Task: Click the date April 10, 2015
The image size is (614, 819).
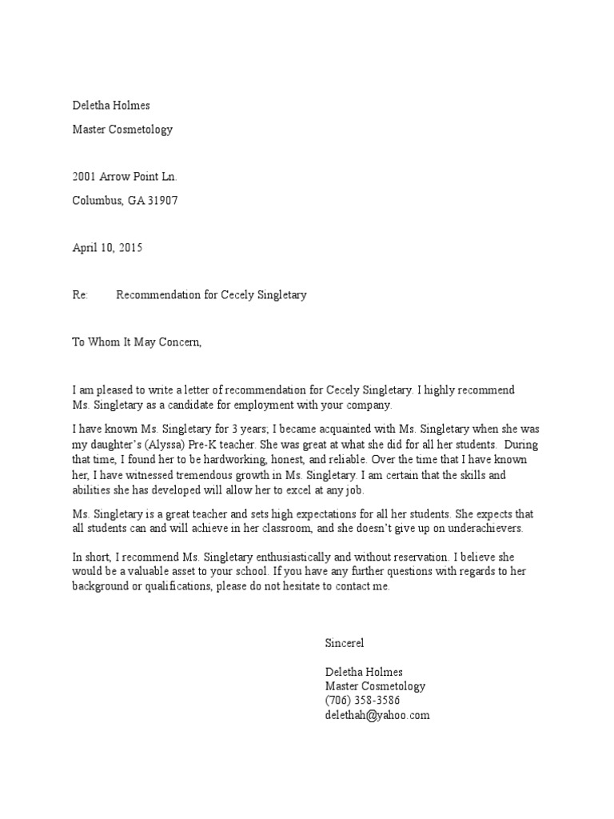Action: pyautogui.click(x=107, y=248)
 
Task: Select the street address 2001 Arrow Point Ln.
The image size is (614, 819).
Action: pyautogui.click(x=125, y=177)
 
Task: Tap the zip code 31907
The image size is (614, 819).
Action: pyautogui.click(x=162, y=201)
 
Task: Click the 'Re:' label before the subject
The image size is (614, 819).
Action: pyautogui.click(x=80, y=295)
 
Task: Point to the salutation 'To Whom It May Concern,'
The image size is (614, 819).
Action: pyautogui.click(x=138, y=342)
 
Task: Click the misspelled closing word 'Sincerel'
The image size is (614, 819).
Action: pyautogui.click(x=345, y=642)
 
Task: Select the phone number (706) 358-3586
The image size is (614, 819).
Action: pyautogui.click(x=362, y=701)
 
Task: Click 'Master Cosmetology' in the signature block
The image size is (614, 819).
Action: pyautogui.click(x=375, y=686)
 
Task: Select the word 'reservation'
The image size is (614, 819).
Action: pyautogui.click(x=413, y=557)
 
